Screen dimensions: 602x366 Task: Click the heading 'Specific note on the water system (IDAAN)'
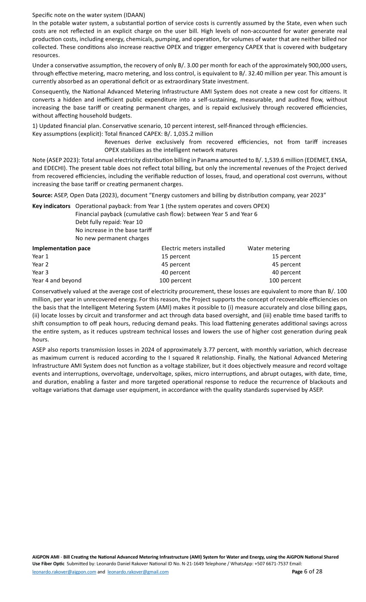click(x=89, y=15)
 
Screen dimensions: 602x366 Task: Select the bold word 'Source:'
click(x=42, y=195)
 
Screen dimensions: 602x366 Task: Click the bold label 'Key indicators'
click(x=51, y=206)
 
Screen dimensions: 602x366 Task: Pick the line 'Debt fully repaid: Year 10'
click(x=109, y=222)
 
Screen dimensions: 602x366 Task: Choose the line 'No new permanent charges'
click(x=112, y=238)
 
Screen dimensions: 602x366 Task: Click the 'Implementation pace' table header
click(x=61, y=249)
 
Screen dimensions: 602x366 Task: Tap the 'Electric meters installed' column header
click(x=193, y=249)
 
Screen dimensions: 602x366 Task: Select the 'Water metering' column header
click(x=268, y=249)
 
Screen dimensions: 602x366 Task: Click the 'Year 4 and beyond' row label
click(x=57, y=280)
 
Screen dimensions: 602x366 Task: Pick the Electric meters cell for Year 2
click(x=175, y=264)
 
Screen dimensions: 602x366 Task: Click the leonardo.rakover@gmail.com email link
click(x=138, y=572)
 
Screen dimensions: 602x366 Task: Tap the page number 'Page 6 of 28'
click(x=307, y=571)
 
